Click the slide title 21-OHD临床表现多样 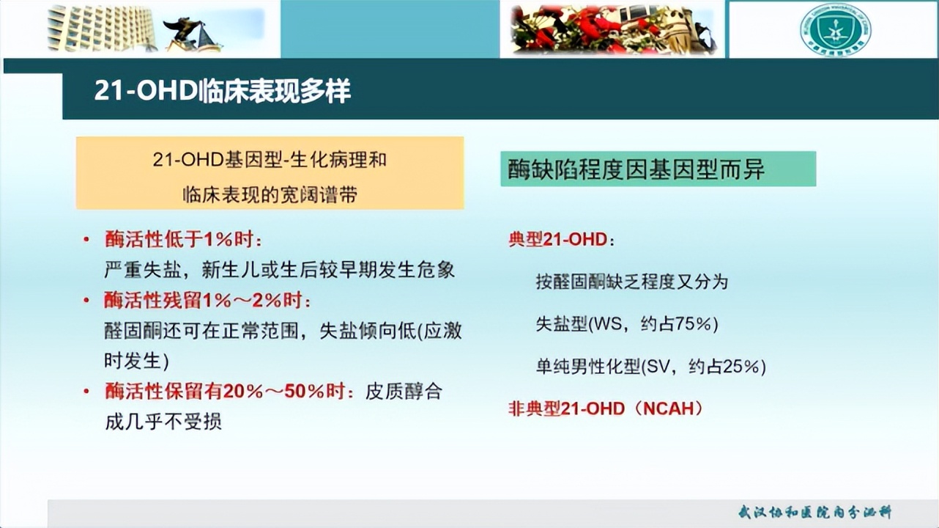point(222,91)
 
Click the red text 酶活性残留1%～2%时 point(207,301)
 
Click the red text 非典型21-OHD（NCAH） point(606,408)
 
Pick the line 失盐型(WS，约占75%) point(627,324)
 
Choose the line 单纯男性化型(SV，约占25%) point(650,366)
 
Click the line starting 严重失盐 point(279,270)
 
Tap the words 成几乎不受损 point(163,422)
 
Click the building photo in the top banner point(103,29)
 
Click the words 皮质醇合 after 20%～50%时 point(404,391)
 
